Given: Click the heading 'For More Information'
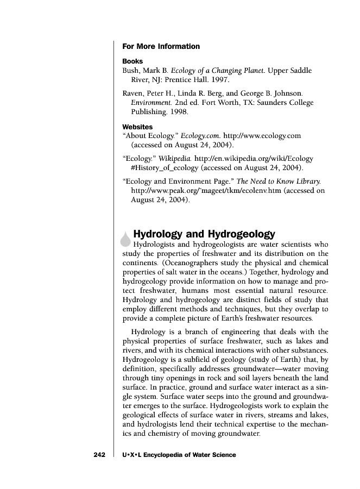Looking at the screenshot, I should click(x=161, y=46).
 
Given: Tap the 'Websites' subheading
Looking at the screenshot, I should click(x=138, y=127).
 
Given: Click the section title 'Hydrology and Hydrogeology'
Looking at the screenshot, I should click(x=204, y=234).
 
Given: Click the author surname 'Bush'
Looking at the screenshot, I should click(x=131, y=71).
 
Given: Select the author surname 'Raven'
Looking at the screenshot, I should click(x=133, y=93).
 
